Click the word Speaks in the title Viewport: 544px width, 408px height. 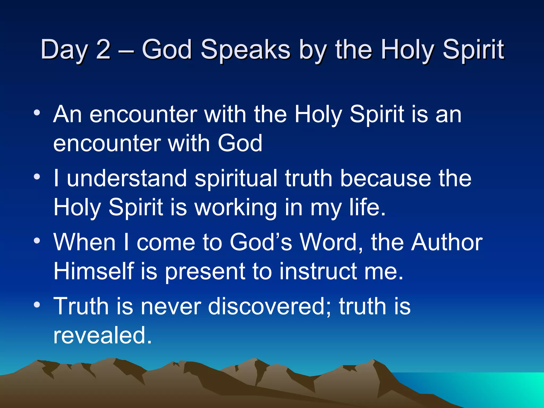pyautogui.click(x=245, y=50)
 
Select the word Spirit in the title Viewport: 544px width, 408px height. pyautogui.click(x=473, y=50)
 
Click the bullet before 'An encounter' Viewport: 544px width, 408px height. pyautogui.click(x=37, y=113)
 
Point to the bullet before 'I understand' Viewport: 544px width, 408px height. pyautogui.click(x=37, y=177)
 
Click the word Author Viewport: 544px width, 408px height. pyautogui.click(x=447, y=242)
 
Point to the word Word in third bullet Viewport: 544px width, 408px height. pyautogui.click(x=331, y=242)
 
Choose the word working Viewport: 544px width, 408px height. pyautogui.click(x=236, y=208)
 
